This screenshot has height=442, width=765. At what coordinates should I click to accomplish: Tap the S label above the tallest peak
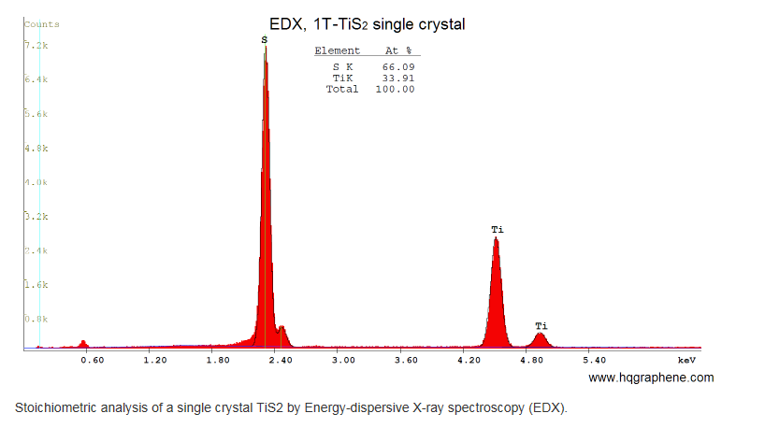(x=264, y=39)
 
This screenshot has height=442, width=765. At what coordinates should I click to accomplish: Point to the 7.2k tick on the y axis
(x=36, y=45)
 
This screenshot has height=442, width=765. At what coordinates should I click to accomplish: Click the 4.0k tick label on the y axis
(x=36, y=182)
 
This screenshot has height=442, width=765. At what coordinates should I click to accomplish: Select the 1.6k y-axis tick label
(x=36, y=285)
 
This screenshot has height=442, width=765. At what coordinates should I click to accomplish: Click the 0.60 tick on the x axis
(x=92, y=360)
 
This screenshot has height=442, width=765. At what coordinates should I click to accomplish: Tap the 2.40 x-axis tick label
(x=281, y=360)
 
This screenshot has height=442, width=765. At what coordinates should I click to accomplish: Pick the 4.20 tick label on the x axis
(x=469, y=360)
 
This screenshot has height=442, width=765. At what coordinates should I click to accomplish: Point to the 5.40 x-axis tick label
(x=595, y=360)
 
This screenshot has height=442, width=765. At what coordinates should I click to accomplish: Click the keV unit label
(x=687, y=360)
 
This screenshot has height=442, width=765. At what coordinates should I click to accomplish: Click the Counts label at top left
(x=41, y=23)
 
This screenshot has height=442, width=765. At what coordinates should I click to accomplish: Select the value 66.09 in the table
(x=398, y=66)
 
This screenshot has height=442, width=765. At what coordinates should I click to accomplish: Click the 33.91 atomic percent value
(x=398, y=78)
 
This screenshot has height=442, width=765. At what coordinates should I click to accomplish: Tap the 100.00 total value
(x=396, y=89)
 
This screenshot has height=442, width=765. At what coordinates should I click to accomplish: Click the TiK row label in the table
(x=343, y=78)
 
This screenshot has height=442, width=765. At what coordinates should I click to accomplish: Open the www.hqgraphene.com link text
(x=651, y=378)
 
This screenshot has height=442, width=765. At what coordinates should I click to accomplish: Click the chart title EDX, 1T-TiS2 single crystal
(x=367, y=24)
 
